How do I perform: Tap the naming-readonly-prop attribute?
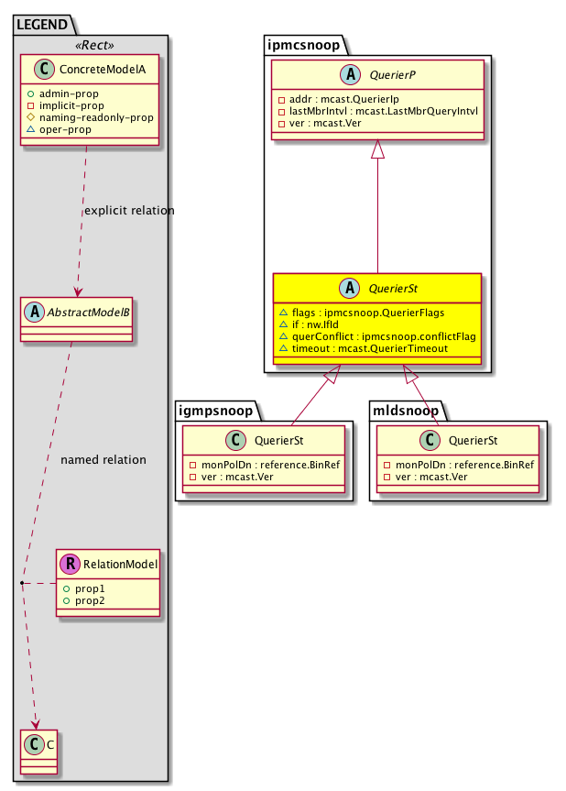click(x=102, y=117)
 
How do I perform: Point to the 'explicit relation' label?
click(x=129, y=211)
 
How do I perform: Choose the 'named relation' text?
click(x=103, y=459)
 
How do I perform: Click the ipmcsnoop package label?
click(x=303, y=43)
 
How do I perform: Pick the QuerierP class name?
click(x=389, y=77)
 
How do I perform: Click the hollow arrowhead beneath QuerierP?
click(x=377, y=154)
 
